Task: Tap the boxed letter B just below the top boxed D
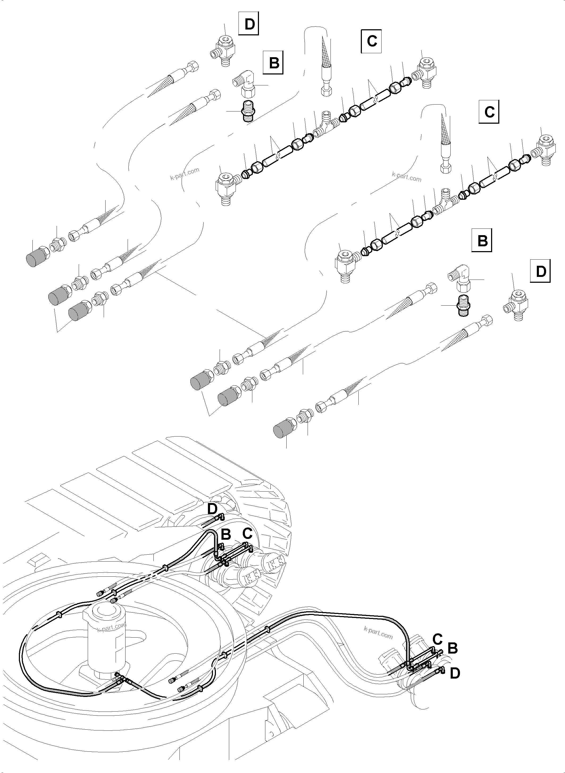pyautogui.click(x=274, y=63)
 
